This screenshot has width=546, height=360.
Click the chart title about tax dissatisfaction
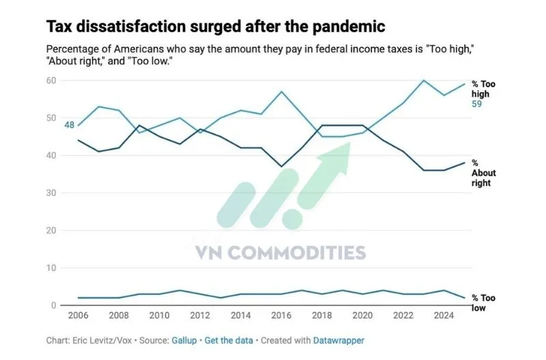[x=215, y=27]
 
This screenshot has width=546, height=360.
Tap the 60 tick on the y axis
[x=51, y=81]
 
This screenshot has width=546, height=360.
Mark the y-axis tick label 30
[x=51, y=193]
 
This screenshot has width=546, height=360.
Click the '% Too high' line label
[x=483, y=89]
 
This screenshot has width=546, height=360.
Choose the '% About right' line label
[x=481, y=173]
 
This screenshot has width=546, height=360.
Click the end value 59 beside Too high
[x=478, y=104]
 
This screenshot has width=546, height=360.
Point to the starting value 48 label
[x=70, y=125]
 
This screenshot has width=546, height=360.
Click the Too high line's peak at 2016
[x=281, y=92]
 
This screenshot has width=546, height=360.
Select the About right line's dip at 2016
[x=281, y=166]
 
